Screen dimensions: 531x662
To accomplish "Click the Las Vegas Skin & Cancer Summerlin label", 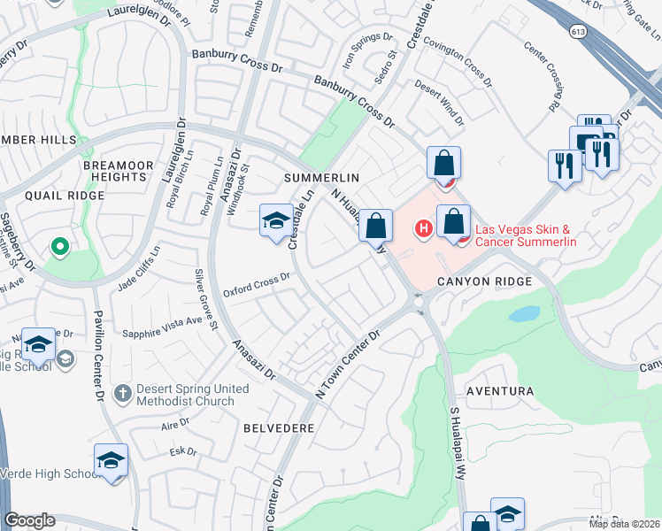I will point(527,236).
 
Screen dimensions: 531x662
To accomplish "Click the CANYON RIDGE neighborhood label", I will point(485,281).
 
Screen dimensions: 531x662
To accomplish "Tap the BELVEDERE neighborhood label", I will point(279,427).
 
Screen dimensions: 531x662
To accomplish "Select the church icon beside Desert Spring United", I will point(123,391).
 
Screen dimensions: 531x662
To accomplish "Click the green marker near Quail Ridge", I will point(60,245).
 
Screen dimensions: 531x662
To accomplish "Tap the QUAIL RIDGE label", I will point(54,196).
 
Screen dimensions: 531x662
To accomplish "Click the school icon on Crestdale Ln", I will point(276,220).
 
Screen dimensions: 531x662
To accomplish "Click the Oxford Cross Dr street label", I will point(257,283).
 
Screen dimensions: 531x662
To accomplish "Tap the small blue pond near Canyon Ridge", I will point(523,314).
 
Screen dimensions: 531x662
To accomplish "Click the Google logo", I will point(30,520).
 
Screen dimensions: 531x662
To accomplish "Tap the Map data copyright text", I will point(624,523).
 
